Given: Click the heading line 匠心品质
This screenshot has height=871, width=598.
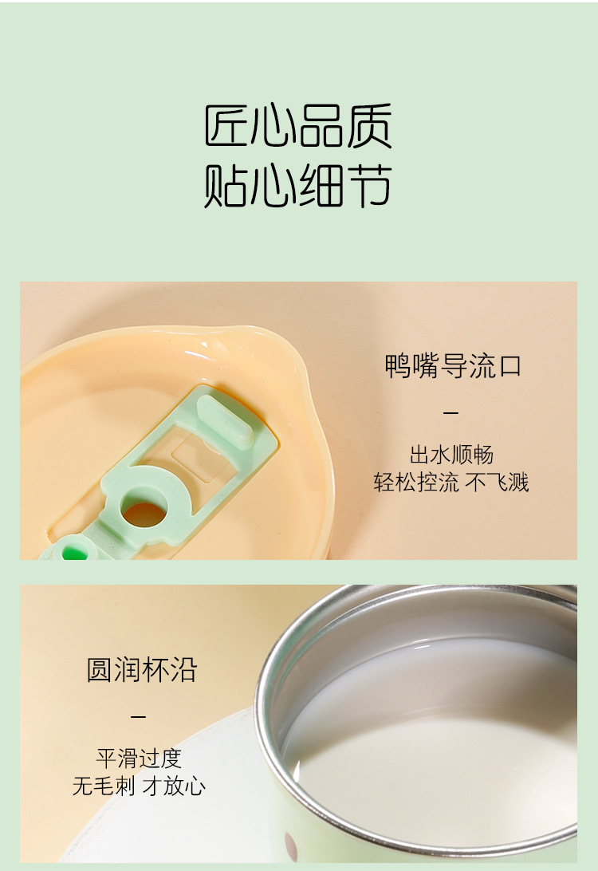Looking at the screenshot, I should [298, 126].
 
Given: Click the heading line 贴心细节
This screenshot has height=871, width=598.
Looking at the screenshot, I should [298, 185].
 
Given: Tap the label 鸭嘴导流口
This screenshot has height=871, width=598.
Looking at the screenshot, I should [452, 366].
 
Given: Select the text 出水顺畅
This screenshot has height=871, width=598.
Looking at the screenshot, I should [451, 455].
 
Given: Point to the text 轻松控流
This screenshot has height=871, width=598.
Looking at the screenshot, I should [416, 482].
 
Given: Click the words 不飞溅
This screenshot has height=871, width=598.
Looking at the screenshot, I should [498, 482].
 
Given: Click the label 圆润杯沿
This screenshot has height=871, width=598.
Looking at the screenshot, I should [141, 669].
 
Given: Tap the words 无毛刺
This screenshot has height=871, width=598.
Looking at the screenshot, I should [104, 786].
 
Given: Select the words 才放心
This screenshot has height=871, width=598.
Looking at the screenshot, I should [174, 786].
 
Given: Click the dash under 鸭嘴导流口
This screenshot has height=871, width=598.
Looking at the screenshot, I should [451, 413].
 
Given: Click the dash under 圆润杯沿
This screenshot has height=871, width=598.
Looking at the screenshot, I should [139, 716].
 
